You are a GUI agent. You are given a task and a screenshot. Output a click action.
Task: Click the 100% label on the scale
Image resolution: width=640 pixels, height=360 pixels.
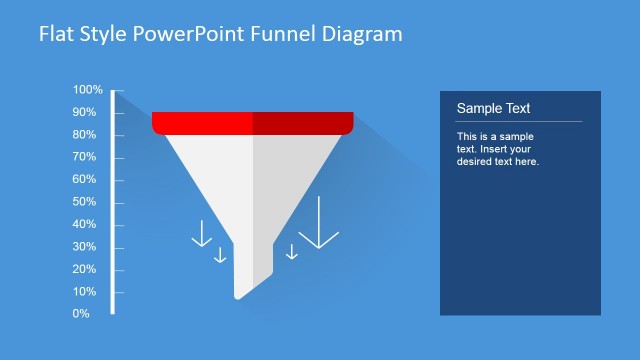coord(87,90)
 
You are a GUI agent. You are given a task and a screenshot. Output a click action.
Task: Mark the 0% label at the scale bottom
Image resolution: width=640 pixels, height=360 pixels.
coord(81,314)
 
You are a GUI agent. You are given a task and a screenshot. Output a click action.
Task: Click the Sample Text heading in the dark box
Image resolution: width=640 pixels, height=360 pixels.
coord(493,108)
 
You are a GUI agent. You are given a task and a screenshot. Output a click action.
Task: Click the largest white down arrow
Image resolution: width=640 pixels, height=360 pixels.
coord(319,224)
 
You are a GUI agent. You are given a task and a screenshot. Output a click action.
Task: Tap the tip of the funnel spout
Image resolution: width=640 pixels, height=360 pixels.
coord(238,296)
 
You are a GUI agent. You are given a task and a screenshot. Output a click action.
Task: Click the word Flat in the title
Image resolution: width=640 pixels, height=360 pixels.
coord(56,34)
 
